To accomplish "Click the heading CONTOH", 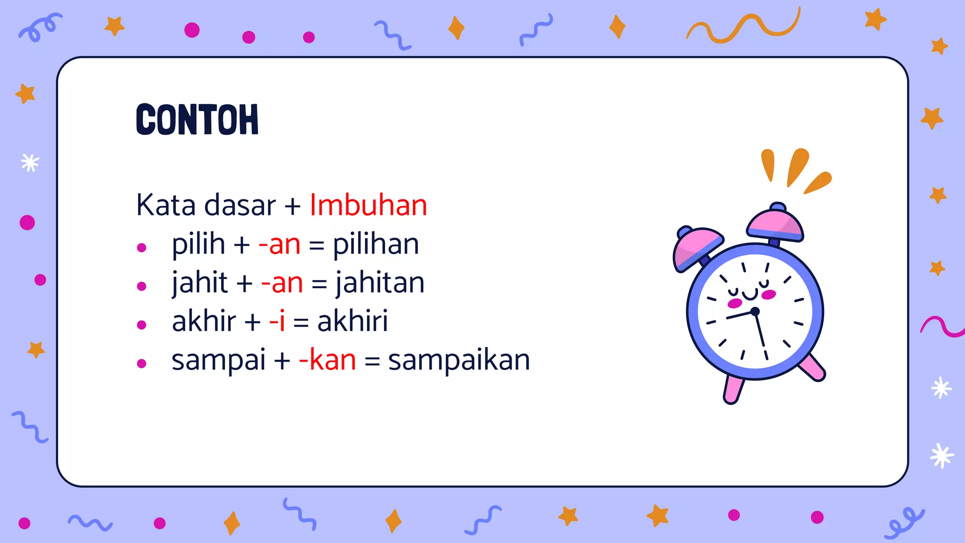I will click(197, 120).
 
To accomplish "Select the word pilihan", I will click(376, 244).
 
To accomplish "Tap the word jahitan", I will click(380, 283).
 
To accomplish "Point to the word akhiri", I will click(352, 321).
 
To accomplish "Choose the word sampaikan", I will click(459, 360).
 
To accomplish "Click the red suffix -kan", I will click(327, 360).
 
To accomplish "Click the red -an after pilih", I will click(279, 244).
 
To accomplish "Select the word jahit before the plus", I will click(200, 283).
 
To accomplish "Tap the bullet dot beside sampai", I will click(141, 363).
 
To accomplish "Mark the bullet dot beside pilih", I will click(141, 247).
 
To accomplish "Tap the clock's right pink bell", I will click(776, 224).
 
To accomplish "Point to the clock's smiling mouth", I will click(750, 295).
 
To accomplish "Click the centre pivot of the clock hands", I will click(755, 311).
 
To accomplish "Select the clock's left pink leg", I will click(734, 389).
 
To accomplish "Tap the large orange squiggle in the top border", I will click(744, 27).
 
